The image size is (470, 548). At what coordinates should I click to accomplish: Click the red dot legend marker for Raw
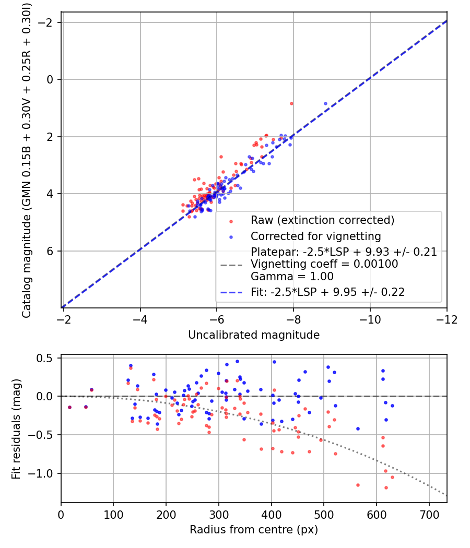coord(231,221)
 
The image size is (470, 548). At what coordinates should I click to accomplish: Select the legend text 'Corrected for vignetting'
coord(316,236)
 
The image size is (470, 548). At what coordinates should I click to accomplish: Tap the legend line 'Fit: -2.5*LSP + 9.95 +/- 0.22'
coord(327,292)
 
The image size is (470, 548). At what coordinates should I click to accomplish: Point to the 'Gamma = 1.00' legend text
coord(292,277)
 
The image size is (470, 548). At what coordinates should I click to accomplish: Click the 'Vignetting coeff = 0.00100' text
coord(324,264)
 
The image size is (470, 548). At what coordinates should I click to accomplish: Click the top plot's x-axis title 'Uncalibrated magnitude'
coord(254,335)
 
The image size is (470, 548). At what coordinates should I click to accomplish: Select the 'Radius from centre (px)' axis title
coord(254,530)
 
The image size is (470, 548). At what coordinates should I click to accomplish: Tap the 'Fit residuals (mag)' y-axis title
coord(16,428)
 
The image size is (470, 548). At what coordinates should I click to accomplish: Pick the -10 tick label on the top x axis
coord(370,319)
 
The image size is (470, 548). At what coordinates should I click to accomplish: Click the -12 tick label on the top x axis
coord(446,319)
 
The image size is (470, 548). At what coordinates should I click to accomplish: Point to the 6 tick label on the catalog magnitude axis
coord(50,251)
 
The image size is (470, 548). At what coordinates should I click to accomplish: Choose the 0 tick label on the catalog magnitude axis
coord(50,79)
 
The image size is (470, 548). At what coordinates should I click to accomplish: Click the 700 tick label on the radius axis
coord(429,515)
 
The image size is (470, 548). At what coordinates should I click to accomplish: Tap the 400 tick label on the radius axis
coord(272,515)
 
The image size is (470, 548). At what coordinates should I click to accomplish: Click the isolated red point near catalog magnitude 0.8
coord(291,103)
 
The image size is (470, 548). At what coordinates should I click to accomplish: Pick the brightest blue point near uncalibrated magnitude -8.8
coord(325,103)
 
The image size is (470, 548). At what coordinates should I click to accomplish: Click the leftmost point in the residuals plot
coord(69,407)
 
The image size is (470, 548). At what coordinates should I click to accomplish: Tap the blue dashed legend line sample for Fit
coord(231,292)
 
